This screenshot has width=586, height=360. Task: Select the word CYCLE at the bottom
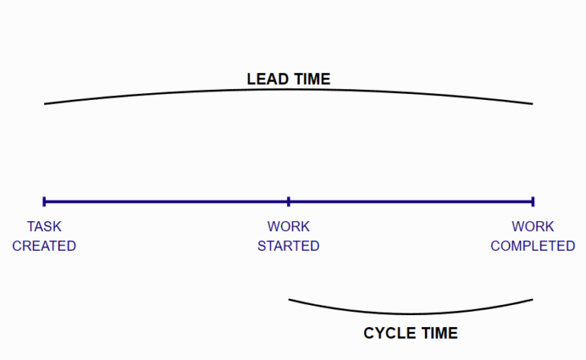click(x=389, y=333)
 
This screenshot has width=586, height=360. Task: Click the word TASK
click(x=44, y=227)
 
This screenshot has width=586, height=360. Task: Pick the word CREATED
click(x=44, y=246)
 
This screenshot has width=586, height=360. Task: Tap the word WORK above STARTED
click(x=288, y=227)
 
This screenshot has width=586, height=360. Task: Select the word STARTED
click(x=288, y=246)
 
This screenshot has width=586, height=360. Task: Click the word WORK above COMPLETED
click(x=533, y=227)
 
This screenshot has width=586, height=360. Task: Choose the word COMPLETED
click(x=533, y=246)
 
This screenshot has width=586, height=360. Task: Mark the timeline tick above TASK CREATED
click(x=44, y=201)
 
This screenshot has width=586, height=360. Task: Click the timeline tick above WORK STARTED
click(x=288, y=201)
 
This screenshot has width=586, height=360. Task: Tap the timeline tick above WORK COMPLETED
click(x=533, y=201)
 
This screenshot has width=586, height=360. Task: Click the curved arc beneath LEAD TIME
click(x=288, y=90)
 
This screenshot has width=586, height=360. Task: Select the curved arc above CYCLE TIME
click(x=411, y=313)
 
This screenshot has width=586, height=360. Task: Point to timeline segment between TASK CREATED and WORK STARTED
click(x=166, y=201)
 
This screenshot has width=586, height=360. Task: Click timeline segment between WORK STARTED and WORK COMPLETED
click(x=411, y=201)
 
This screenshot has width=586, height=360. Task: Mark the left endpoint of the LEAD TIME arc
click(x=45, y=104)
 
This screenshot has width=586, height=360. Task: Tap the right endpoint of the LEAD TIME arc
click(x=533, y=104)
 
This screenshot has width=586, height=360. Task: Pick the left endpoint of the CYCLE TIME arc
click(x=289, y=300)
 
